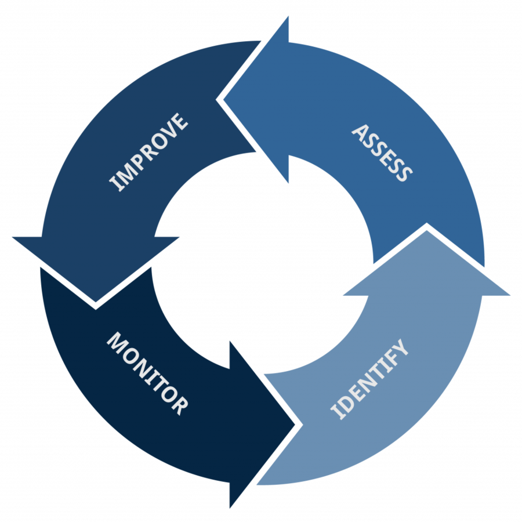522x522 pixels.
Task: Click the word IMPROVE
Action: (149, 153)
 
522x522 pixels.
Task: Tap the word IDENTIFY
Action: (369, 380)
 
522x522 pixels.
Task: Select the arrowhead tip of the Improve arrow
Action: (95, 303)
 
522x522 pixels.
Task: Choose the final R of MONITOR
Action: (179, 405)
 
